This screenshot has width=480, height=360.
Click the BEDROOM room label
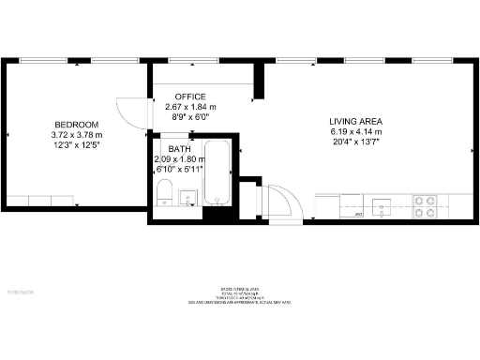[x=77, y=125]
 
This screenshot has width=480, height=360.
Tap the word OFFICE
[x=190, y=97]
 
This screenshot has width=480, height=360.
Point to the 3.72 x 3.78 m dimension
[x=77, y=135]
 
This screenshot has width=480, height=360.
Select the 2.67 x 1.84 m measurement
[x=190, y=107]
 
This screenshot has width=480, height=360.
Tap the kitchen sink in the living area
[x=382, y=206]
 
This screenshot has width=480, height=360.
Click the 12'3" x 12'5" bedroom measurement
[x=77, y=145]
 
